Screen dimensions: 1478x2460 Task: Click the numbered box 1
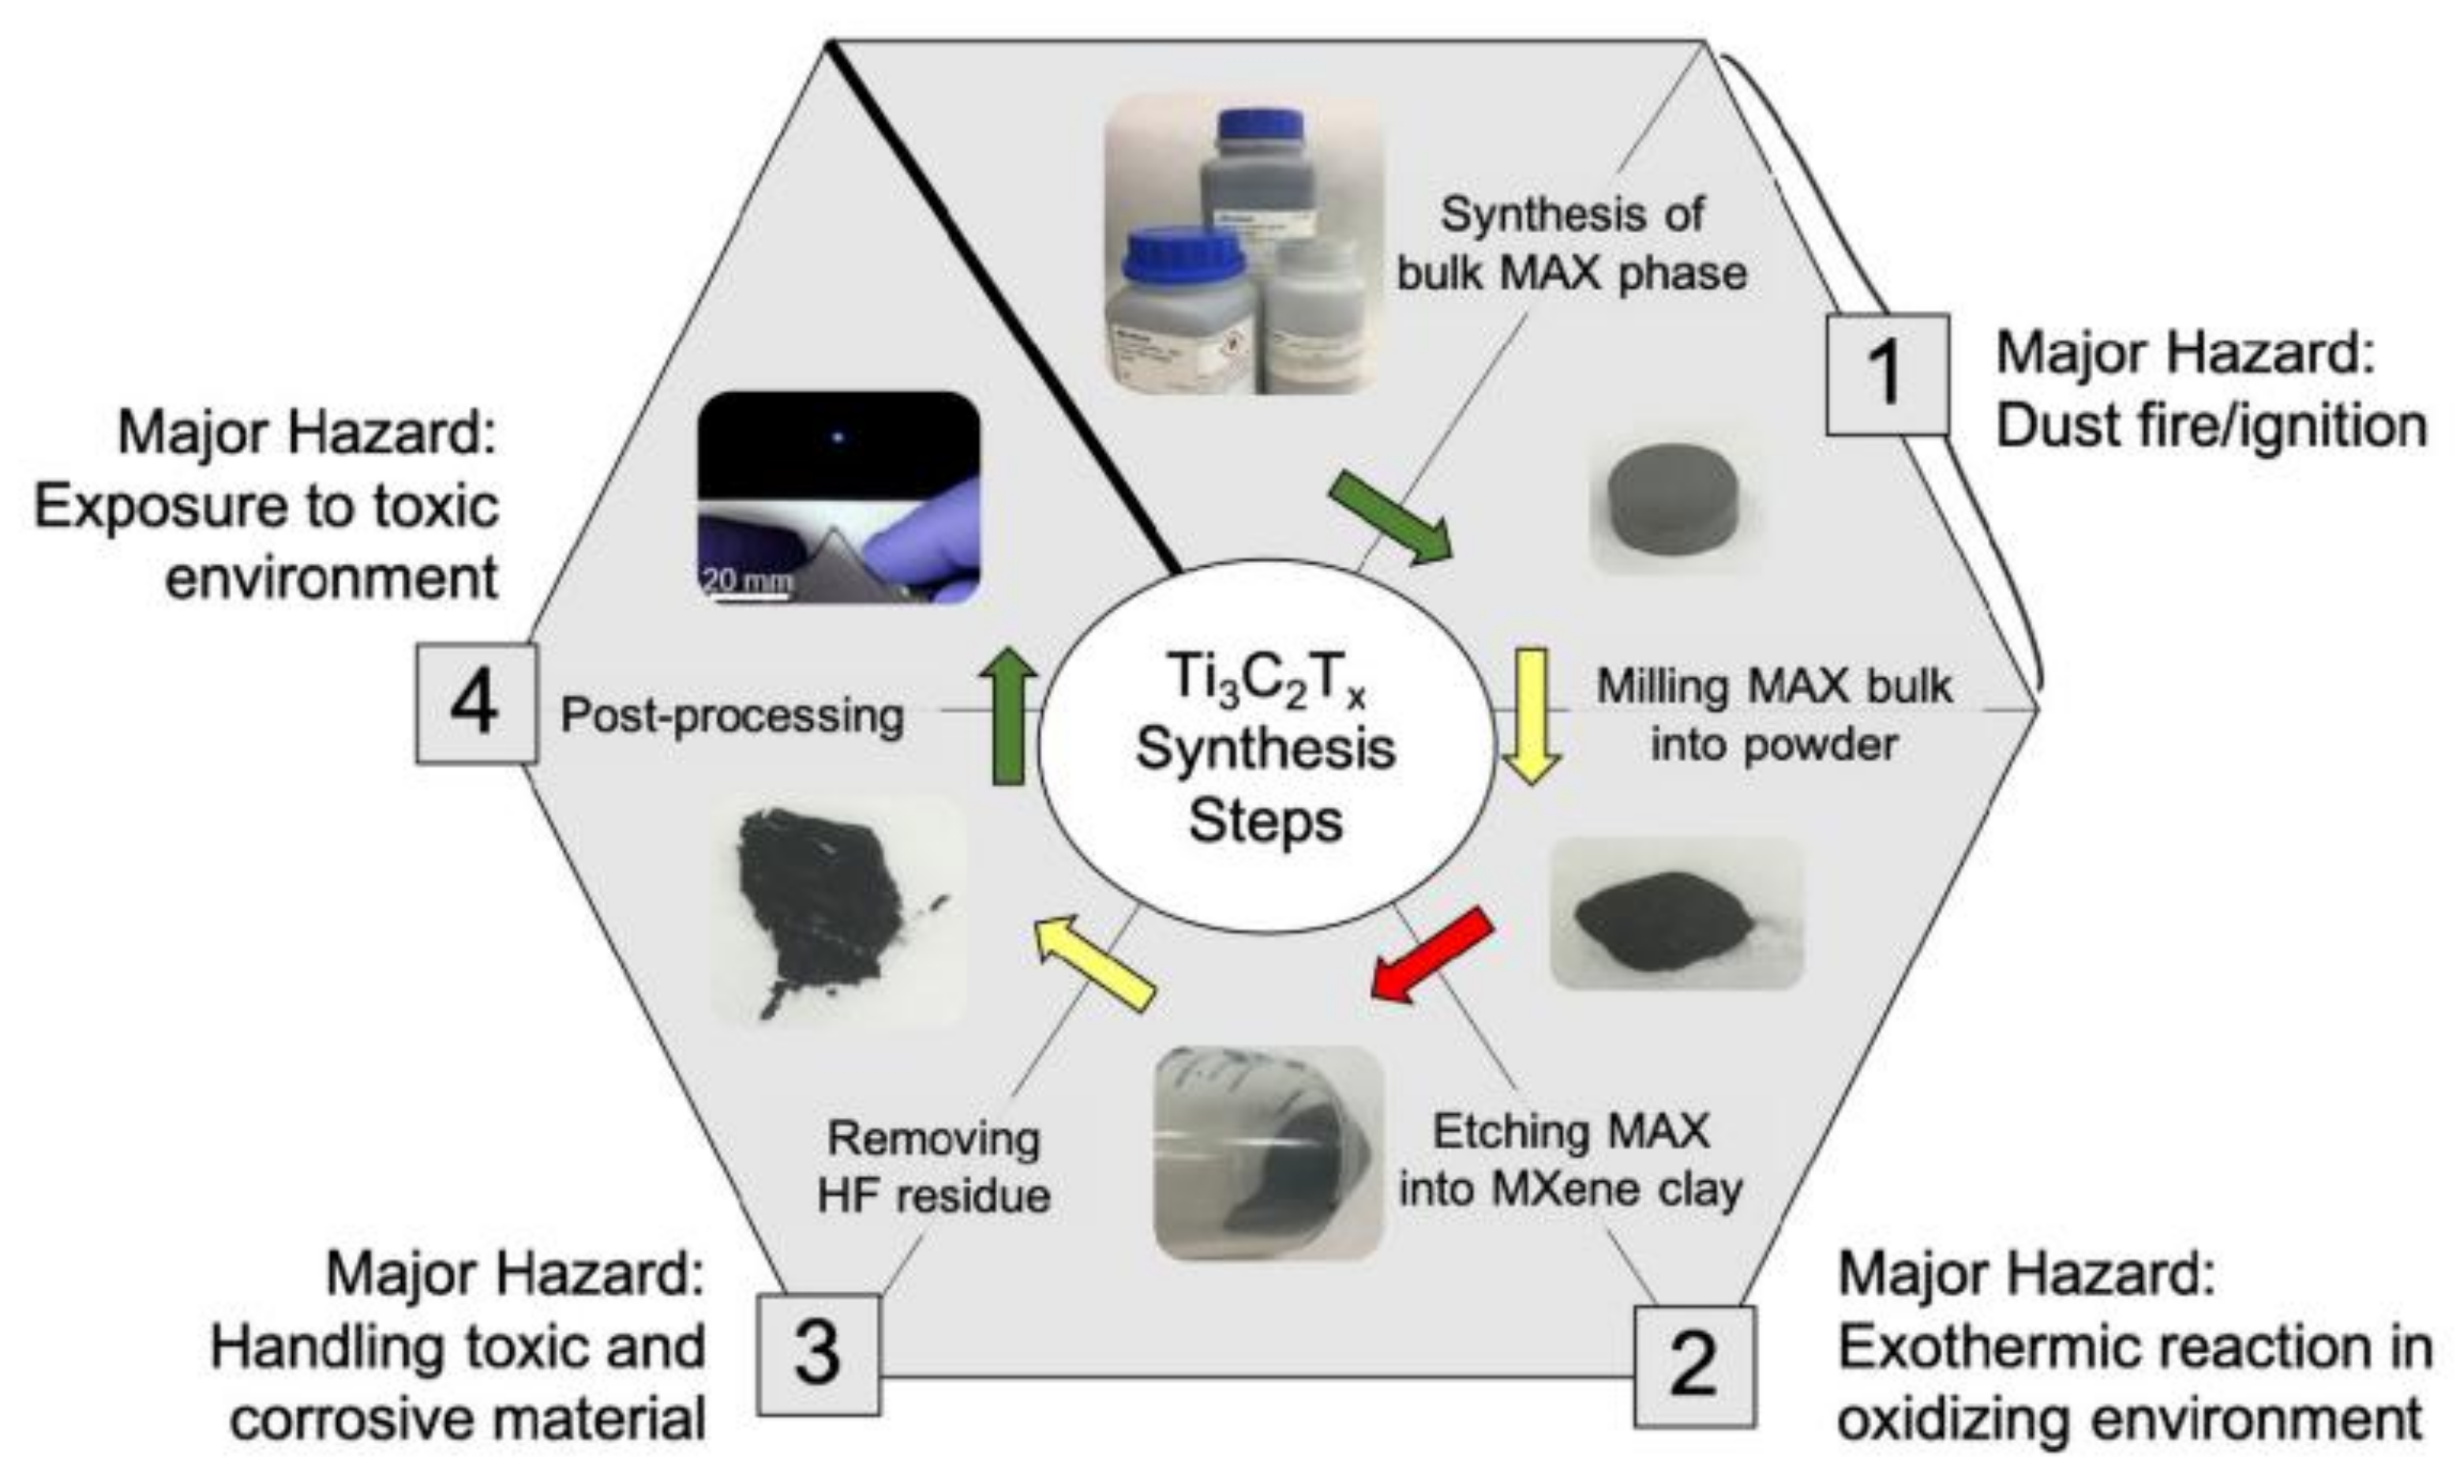[x=1886, y=374]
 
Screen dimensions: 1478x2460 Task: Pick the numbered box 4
[x=476, y=703]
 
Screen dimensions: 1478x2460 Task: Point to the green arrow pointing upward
[x=1008, y=713]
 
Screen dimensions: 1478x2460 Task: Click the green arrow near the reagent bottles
[x=1391, y=518]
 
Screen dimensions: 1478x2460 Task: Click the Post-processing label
[x=732, y=715]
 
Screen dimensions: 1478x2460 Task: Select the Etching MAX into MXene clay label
[x=1570, y=1161]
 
